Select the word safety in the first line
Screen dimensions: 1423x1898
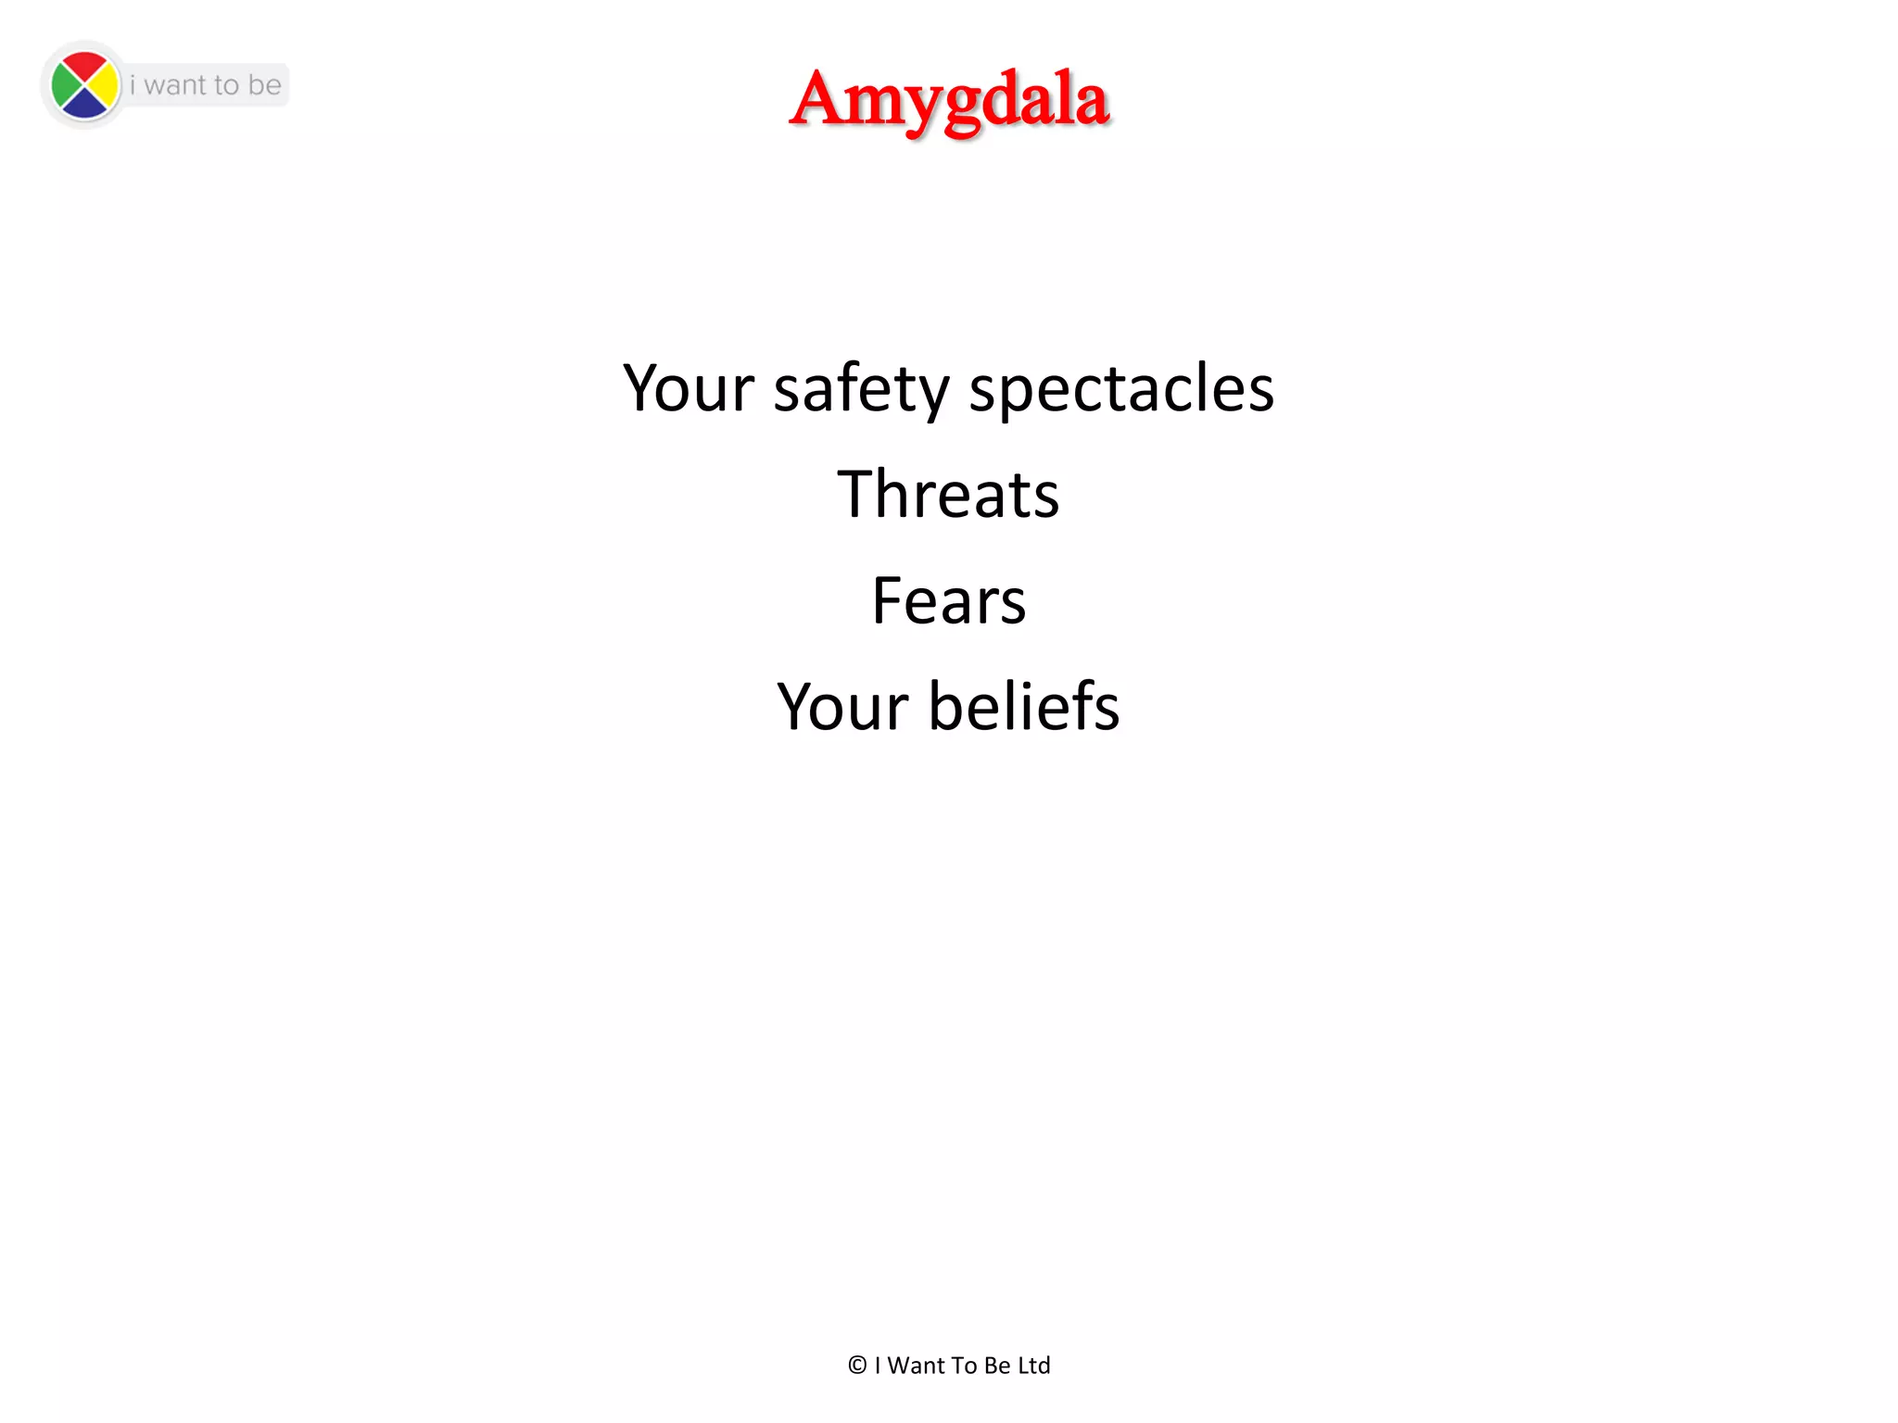[x=861, y=388]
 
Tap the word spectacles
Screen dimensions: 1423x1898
[x=1121, y=388]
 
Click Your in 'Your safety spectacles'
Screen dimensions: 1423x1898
[x=689, y=388]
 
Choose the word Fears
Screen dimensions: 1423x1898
[x=949, y=600]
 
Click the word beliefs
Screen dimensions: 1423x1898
[x=1024, y=706]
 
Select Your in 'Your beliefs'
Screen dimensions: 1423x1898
[x=842, y=708]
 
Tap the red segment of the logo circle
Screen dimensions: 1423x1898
[x=85, y=68]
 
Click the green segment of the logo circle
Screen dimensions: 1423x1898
[x=65, y=86]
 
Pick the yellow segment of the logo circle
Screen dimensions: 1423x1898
[x=106, y=86]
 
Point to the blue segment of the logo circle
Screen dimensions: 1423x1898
[x=85, y=106]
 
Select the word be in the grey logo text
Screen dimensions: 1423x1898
[x=264, y=85]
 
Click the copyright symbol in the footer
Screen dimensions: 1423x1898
[x=857, y=1366]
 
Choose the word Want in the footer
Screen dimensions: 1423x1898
[x=917, y=1366]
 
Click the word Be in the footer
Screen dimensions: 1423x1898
[x=997, y=1366]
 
